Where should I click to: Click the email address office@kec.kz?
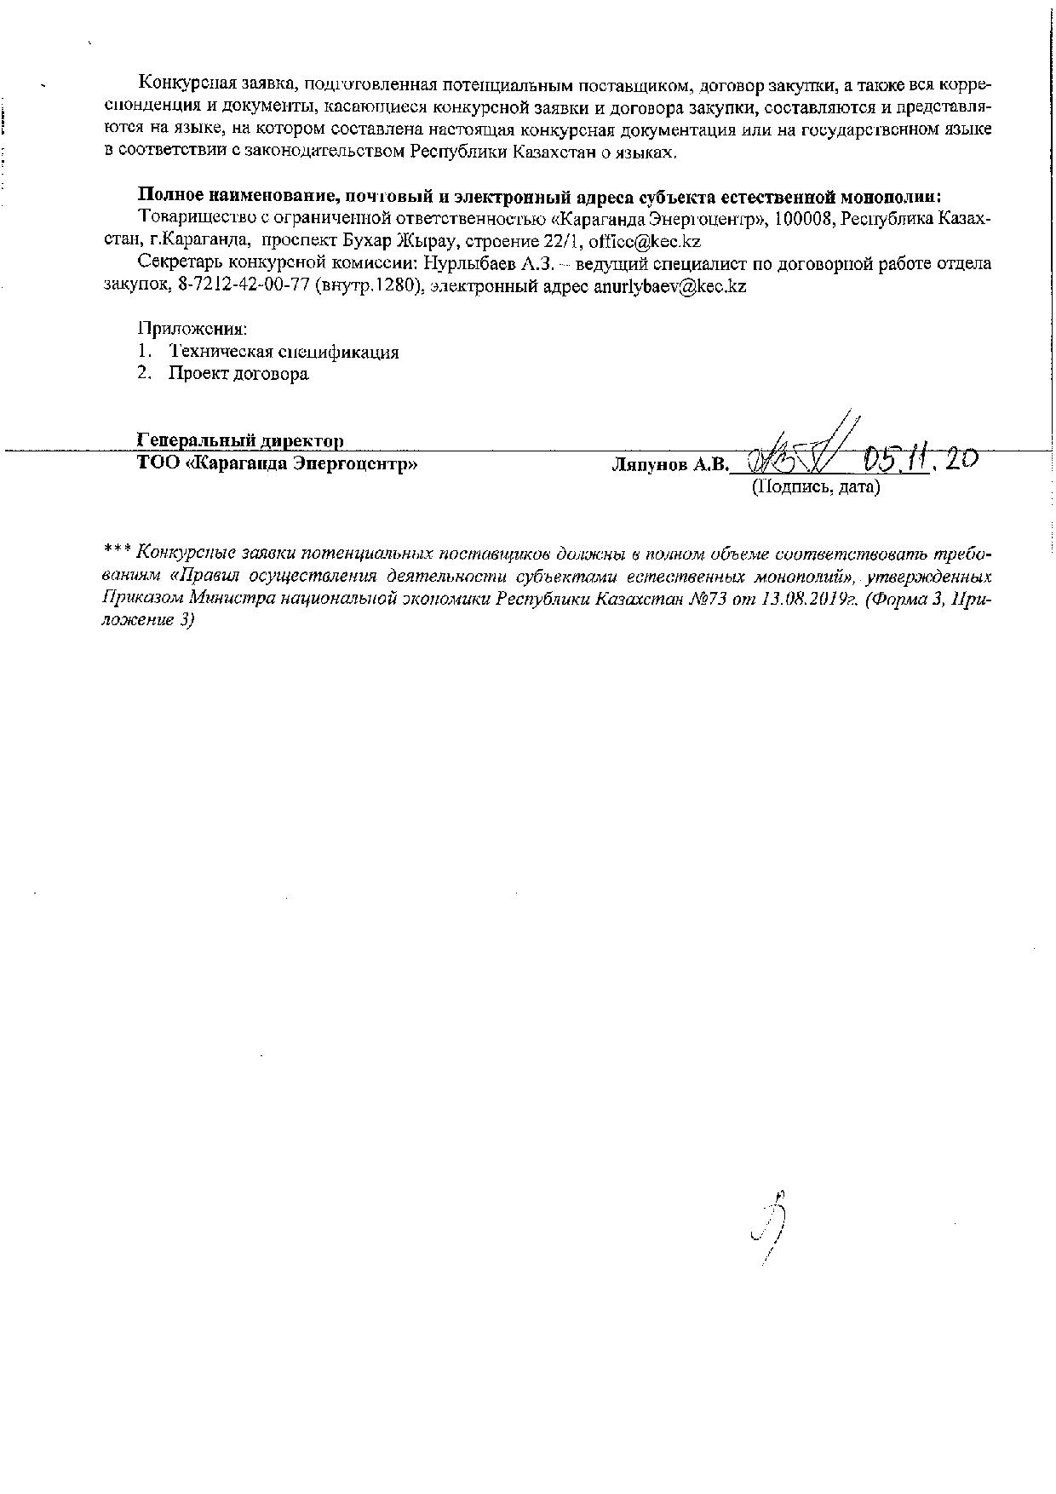645,241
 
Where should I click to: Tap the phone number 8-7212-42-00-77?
244,286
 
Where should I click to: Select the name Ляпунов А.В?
670,465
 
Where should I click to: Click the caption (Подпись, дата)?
814,487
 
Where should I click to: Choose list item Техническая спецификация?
284,351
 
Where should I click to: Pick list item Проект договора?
238,374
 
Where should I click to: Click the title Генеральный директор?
240,441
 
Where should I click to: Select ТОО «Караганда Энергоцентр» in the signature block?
277,464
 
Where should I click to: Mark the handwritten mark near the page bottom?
769,1227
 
